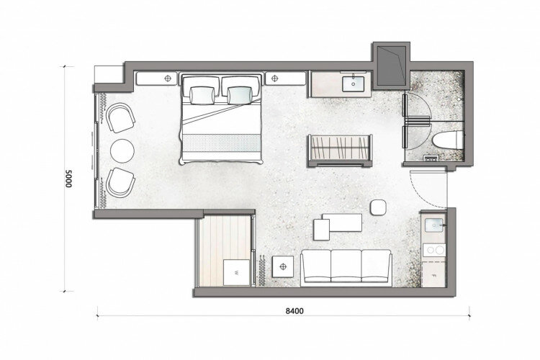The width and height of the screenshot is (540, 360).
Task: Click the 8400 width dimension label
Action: pyautogui.click(x=294, y=311)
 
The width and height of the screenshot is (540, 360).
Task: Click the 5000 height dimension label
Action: pyautogui.click(x=68, y=178)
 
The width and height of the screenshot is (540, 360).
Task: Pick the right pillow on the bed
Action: pyautogui.click(x=239, y=96)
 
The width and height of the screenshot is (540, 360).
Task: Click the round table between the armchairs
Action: pyautogui.click(x=122, y=151)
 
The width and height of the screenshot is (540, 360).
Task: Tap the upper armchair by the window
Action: pyautogui.click(x=120, y=118)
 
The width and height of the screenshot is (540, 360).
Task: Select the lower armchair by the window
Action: pyautogui.click(x=120, y=183)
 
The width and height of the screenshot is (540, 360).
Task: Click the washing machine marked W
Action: pyautogui.click(x=237, y=272)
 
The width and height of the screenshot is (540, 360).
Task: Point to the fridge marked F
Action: pyautogui.click(x=434, y=275)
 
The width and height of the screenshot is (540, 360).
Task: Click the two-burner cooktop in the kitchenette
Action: pyautogui.click(x=434, y=250)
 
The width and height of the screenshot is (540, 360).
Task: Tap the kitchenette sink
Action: pyautogui.click(x=434, y=225)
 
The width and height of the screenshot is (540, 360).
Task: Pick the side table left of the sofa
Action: pyautogui.click(x=283, y=266)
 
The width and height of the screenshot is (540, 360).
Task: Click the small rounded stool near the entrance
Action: pyautogui.click(x=378, y=208)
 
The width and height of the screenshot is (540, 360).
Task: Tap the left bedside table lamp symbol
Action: pyautogui.click(x=168, y=78)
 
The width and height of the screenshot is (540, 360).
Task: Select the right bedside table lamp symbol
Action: pyautogui.click(x=274, y=78)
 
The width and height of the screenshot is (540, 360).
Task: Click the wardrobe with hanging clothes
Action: pyautogui.click(x=341, y=149)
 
